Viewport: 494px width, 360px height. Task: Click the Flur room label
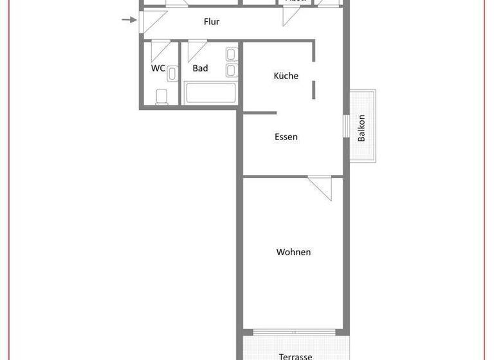(x=212, y=22)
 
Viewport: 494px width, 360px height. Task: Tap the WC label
(x=158, y=68)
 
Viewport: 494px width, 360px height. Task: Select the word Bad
(x=200, y=68)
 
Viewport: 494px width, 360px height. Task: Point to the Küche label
(x=286, y=76)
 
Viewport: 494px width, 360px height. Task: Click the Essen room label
(x=286, y=137)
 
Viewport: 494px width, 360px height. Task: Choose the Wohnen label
(x=294, y=252)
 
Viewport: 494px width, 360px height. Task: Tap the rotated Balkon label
(x=361, y=128)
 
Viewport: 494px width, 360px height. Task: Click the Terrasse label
(x=296, y=356)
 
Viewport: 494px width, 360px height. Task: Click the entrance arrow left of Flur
(x=129, y=20)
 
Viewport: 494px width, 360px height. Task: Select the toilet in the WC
(x=161, y=96)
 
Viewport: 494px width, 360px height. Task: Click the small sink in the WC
(x=172, y=75)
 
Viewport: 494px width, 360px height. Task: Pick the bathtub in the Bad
(x=211, y=93)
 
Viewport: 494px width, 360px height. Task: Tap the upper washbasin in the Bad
(x=232, y=54)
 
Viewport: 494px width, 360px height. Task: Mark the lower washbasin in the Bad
(x=232, y=70)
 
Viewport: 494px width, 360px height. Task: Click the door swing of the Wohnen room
(x=320, y=188)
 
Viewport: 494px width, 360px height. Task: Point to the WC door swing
(x=160, y=50)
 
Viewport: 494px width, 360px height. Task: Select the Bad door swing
(x=196, y=50)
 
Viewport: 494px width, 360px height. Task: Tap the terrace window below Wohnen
(x=295, y=332)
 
